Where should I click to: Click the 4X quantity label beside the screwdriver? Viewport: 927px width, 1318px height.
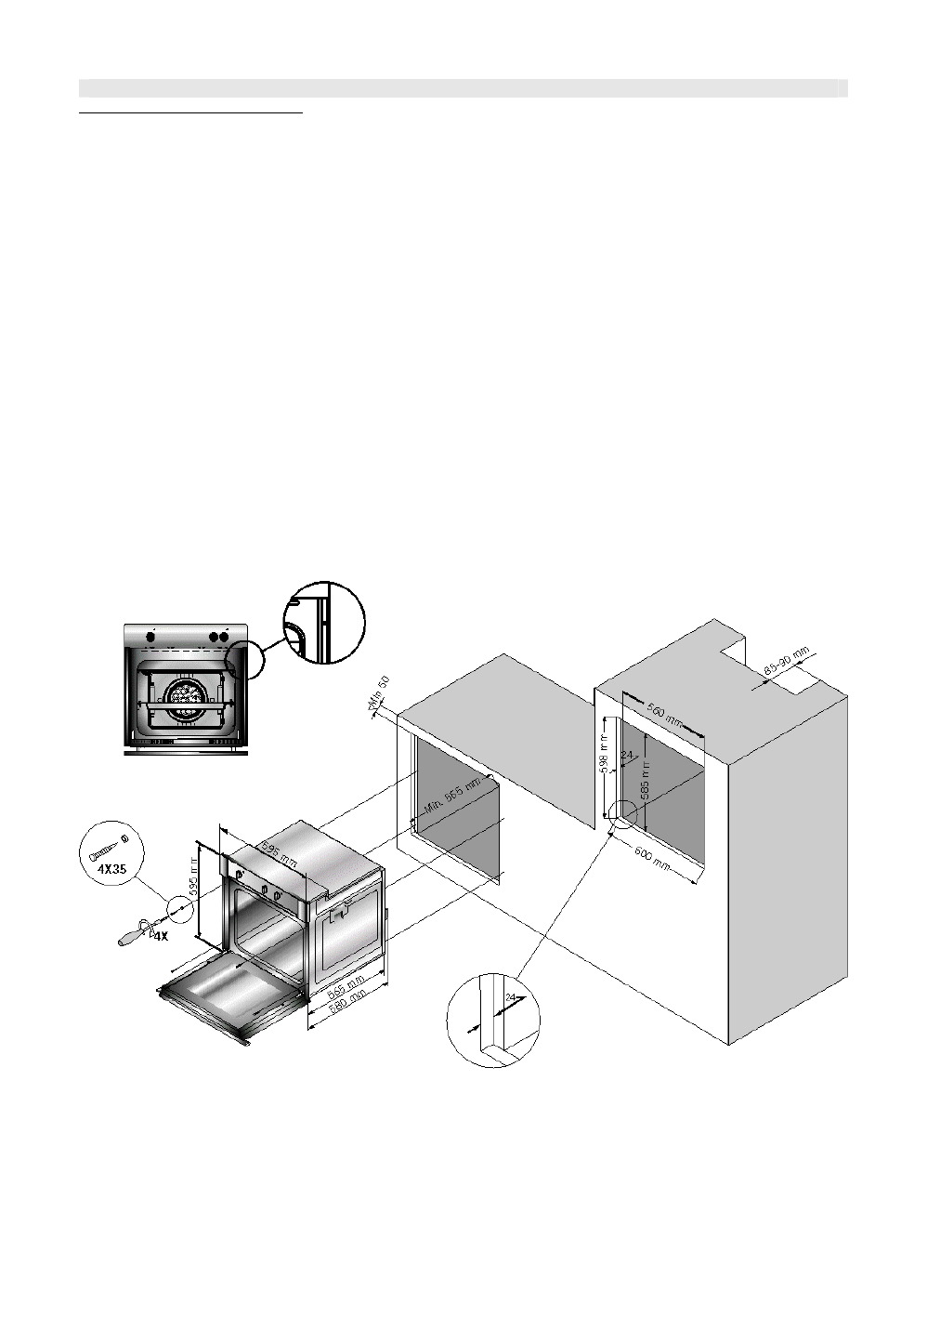click(x=160, y=937)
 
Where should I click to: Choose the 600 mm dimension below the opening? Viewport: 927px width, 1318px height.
click(x=650, y=858)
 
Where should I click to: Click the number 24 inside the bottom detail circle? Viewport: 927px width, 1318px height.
click(x=508, y=997)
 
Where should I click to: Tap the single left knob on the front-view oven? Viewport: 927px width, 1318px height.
click(x=150, y=637)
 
